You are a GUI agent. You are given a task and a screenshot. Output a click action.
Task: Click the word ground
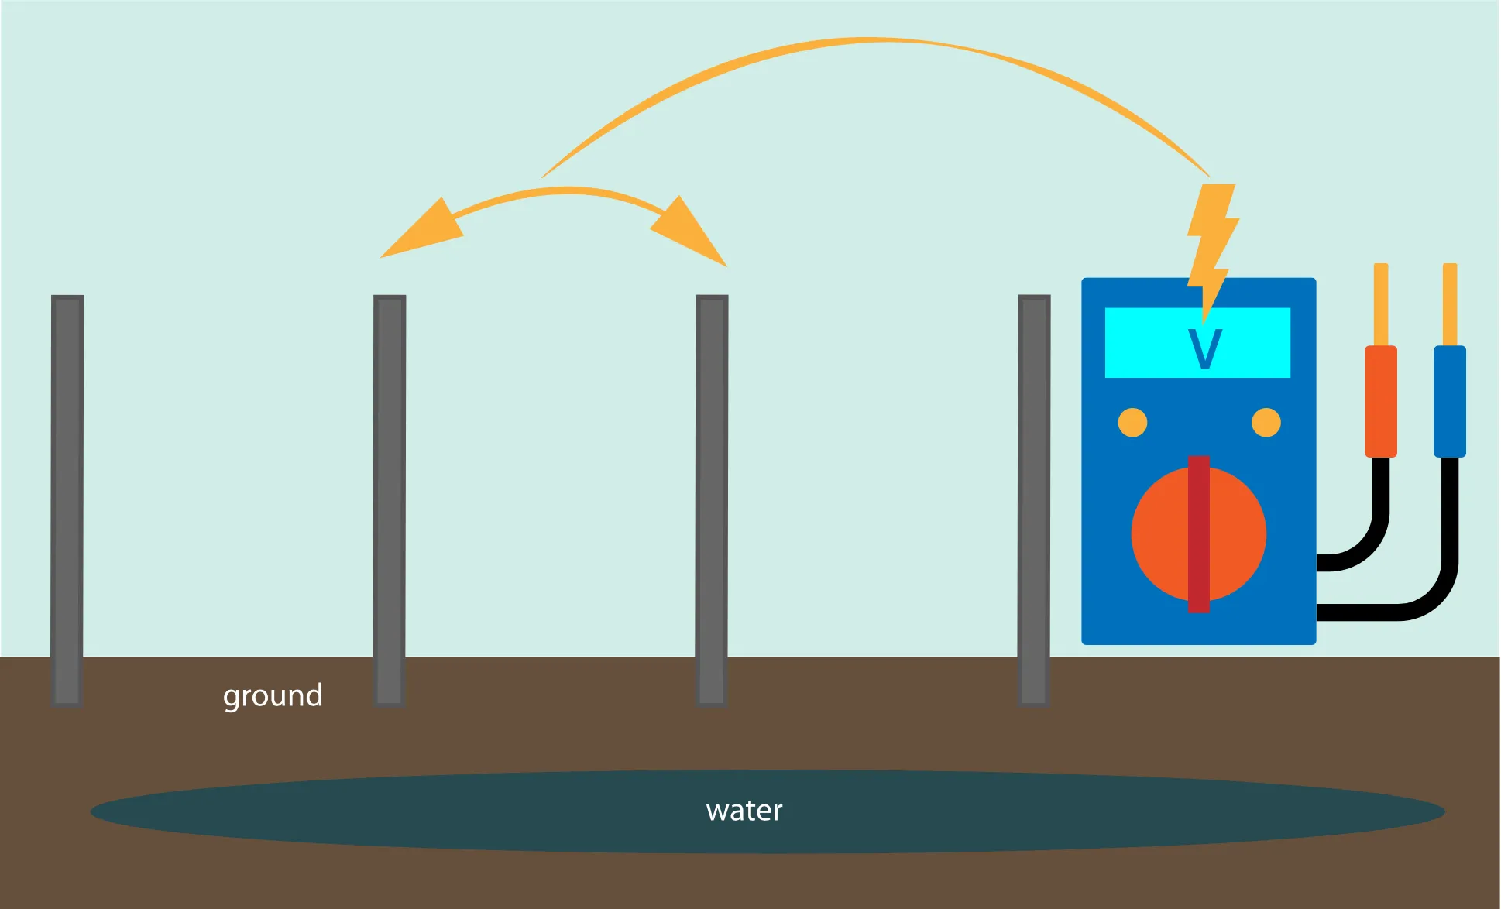(x=273, y=696)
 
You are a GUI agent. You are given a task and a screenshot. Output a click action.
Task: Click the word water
(x=744, y=811)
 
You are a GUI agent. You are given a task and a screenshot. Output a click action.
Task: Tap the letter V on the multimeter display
(x=1204, y=349)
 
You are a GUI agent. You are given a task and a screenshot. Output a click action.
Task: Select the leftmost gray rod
(x=67, y=500)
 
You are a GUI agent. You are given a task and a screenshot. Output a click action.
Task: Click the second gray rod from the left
(x=390, y=500)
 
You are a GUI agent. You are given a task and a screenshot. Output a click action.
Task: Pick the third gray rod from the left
(x=712, y=500)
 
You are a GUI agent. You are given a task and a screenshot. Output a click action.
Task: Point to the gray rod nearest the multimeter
(x=1034, y=500)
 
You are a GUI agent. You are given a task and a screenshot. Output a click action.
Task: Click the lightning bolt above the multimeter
(x=1211, y=240)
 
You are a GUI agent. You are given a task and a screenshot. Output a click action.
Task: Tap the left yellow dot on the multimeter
(x=1132, y=423)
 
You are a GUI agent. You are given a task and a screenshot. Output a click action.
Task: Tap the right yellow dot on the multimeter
(x=1266, y=423)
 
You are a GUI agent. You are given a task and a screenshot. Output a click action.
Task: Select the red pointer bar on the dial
(x=1199, y=534)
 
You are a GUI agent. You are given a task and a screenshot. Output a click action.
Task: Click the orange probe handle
(x=1380, y=401)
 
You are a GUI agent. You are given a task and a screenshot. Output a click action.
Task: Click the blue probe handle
(x=1450, y=401)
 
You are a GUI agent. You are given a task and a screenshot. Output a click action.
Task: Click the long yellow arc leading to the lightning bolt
(x=875, y=41)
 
